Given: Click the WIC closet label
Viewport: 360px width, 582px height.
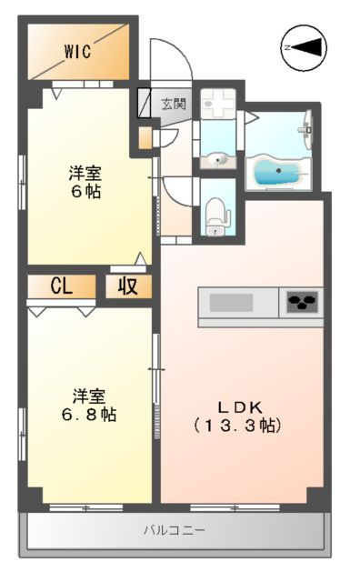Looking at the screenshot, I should [x=76, y=52].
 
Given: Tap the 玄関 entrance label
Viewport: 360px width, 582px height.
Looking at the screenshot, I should [x=173, y=104].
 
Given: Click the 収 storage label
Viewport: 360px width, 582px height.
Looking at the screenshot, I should [x=127, y=286].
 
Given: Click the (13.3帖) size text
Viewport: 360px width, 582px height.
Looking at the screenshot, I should [x=237, y=425].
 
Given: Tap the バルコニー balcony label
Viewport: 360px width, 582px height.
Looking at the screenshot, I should [x=174, y=530].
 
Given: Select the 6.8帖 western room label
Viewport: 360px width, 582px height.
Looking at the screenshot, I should [x=88, y=406].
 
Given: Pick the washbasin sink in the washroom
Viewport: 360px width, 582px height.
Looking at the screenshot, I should [x=217, y=160].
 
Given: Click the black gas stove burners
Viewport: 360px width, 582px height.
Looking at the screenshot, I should [x=303, y=301].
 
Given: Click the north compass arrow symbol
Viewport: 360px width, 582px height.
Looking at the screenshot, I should [x=303, y=46].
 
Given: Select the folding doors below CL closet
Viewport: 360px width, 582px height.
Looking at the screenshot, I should [x=62, y=310].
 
